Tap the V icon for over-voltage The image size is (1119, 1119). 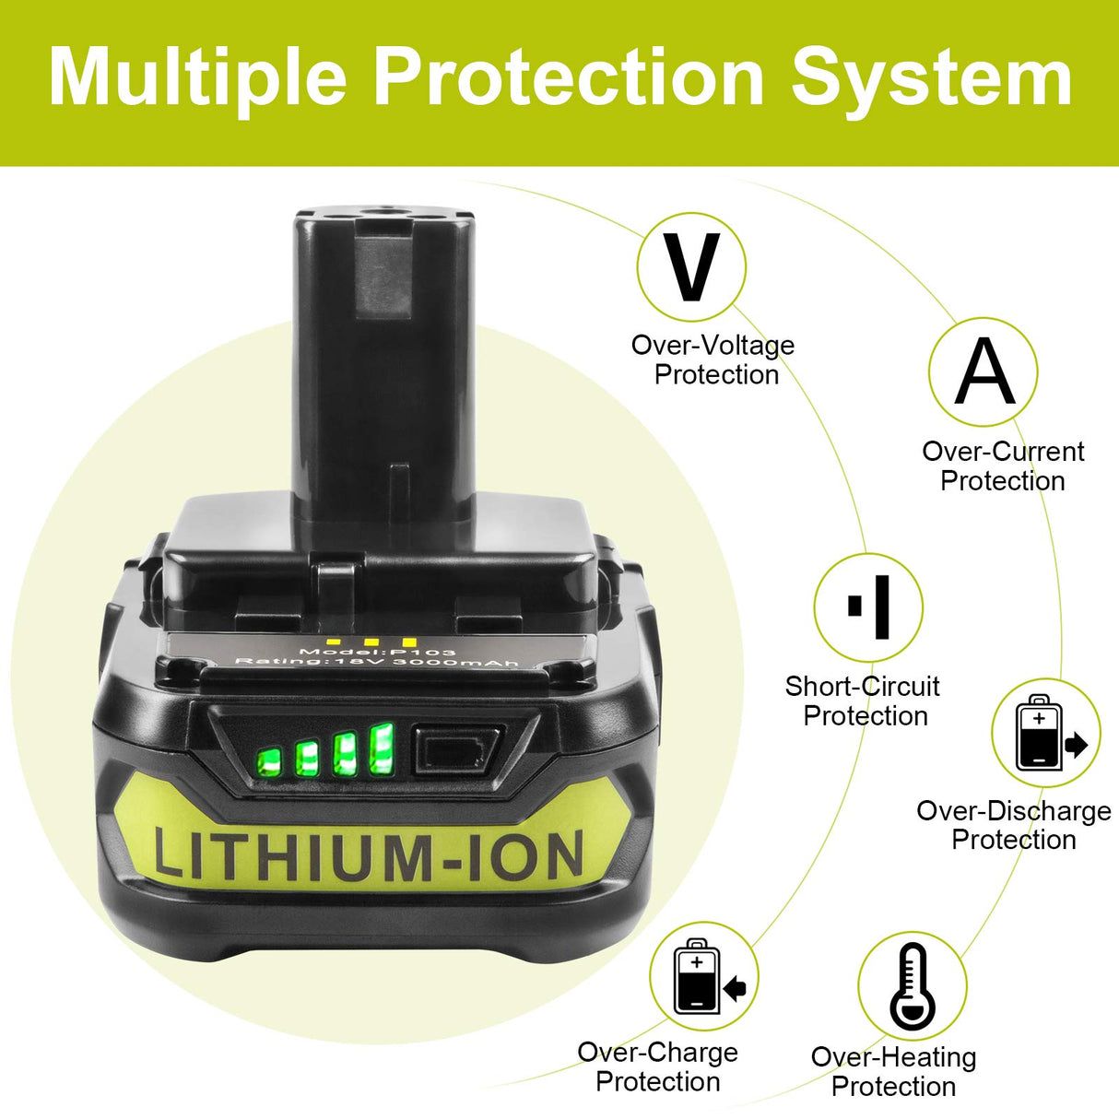(691, 267)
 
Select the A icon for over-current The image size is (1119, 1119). (983, 371)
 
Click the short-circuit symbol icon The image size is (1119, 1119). (868, 607)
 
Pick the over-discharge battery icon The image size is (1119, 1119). (1045, 733)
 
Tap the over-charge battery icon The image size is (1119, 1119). (703, 976)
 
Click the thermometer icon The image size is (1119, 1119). (913, 986)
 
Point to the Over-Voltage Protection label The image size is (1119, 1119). (713, 359)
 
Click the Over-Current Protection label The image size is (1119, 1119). (1003, 465)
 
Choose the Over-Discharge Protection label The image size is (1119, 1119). (1013, 825)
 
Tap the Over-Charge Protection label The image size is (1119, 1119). (658, 1066)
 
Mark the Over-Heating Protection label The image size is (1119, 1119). (893, 1071)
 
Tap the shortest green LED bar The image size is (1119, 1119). (269, 761)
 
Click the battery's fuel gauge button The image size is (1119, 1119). (456, 748)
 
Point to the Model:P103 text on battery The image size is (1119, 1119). (377, 652)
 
